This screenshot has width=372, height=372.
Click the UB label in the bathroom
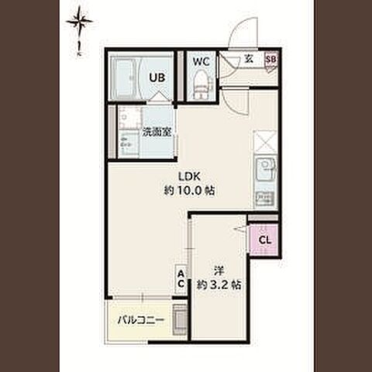point(157,77)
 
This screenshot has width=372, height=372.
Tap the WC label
point(201,62)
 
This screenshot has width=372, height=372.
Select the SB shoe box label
point(271,60)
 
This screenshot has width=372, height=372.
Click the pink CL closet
point(265,240)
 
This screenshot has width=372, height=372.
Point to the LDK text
point(190,177)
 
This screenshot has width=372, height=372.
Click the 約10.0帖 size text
point(189,191)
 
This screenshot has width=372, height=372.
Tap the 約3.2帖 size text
point(219,285)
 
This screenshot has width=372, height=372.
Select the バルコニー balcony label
point(141,320)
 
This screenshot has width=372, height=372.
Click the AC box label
point(181,279)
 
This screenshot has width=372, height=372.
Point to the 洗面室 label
point(157,133)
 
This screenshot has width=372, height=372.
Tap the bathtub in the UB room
point(126,77)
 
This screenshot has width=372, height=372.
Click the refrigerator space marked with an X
point(266,142)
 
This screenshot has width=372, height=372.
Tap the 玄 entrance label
point(249,59)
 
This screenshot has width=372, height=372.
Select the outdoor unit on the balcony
point(180,320)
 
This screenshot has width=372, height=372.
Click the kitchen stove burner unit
point(265,198)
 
